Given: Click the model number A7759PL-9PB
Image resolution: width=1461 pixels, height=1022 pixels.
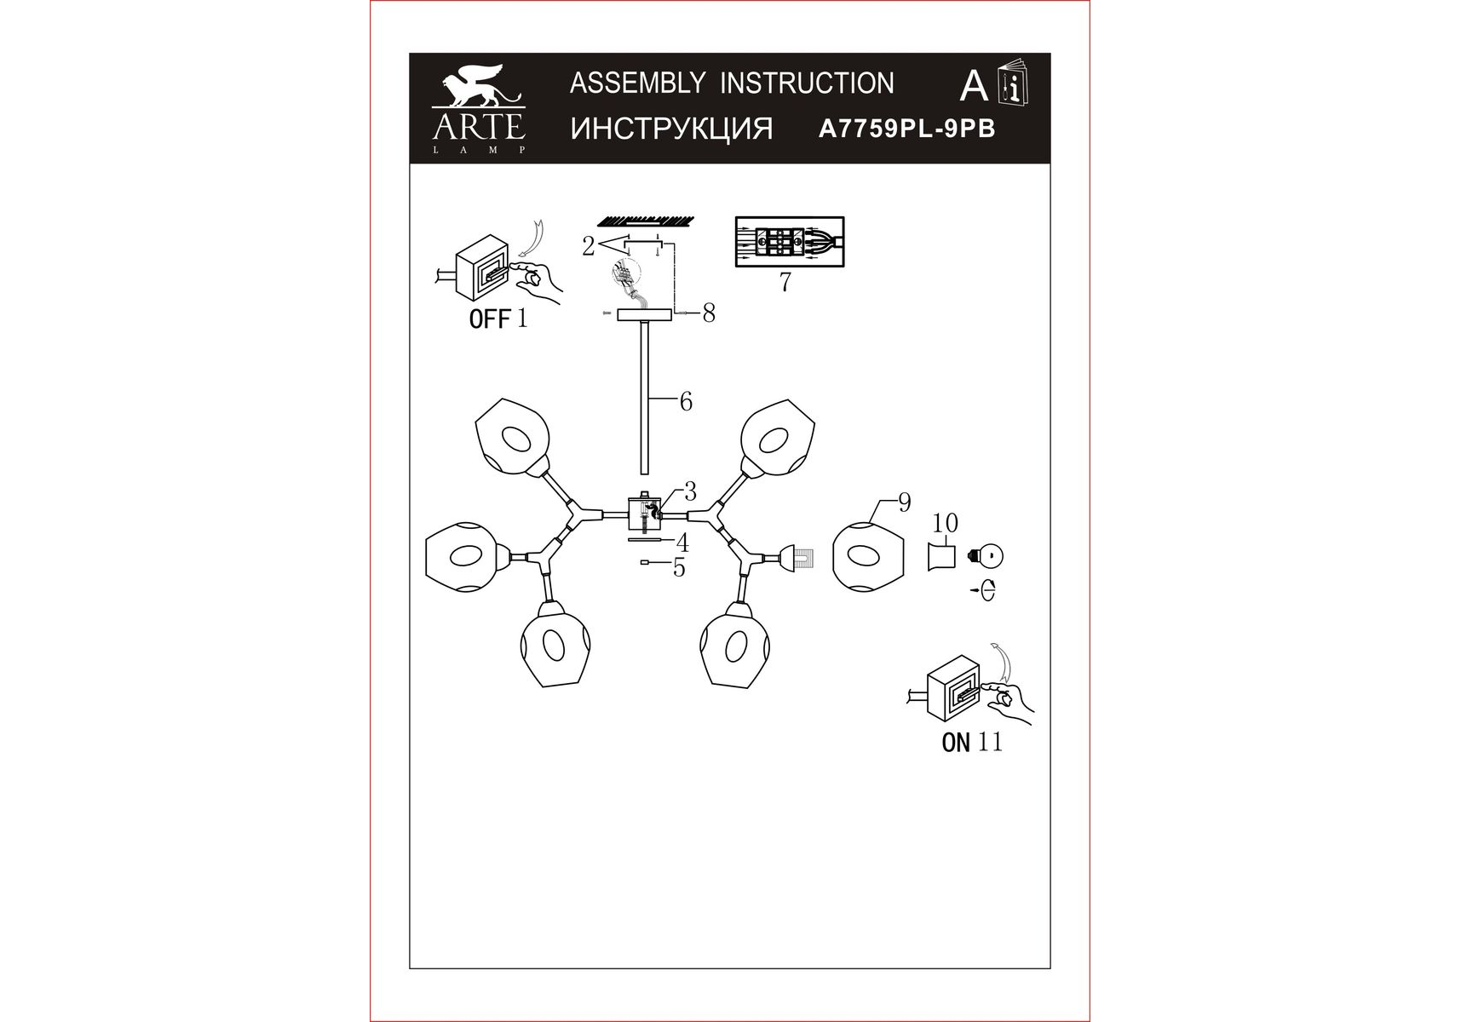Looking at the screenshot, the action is coord(906,129).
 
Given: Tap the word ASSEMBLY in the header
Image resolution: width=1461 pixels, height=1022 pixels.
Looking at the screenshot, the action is coord(637,83).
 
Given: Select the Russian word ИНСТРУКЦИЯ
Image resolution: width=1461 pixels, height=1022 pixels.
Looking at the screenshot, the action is coord(671,129).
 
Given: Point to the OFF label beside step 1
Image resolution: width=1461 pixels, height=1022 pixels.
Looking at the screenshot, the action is coord(490,319).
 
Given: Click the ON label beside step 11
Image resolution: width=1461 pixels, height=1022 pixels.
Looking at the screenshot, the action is coord(956,743).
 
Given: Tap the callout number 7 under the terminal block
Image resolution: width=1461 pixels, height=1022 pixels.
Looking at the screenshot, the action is coord(785,282).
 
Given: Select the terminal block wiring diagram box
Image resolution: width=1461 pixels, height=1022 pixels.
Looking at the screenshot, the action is coord(790,242).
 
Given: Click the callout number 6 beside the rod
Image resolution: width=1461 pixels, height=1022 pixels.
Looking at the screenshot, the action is coord(686,401).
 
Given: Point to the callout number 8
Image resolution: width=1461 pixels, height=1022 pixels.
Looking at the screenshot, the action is coord(709,314).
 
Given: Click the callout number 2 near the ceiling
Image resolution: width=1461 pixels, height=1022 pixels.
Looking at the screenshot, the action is coord(588,246).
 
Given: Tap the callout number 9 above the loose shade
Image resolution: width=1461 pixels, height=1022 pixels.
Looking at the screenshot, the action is coord(905,502).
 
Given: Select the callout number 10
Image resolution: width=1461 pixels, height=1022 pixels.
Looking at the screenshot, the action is coord(946,523).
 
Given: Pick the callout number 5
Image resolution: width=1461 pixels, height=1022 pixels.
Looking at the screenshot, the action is coord(679,567).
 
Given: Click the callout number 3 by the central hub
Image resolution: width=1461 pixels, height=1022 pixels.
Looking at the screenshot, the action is coord(690,491).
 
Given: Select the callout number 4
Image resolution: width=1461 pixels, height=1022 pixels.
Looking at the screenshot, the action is coord(682,543).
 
